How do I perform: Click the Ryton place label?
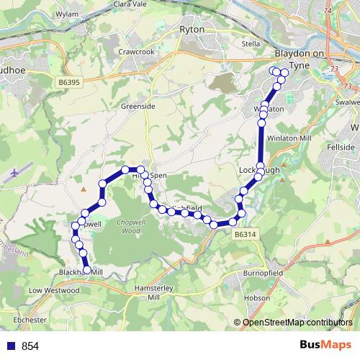click(x=194, y=30)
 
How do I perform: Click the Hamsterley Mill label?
click(x=152, y=292)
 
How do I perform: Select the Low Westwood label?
click(x=53, y=290)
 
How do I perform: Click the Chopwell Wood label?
click(x=127, y=228)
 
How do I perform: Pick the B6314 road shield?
click(x=244, y=234)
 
